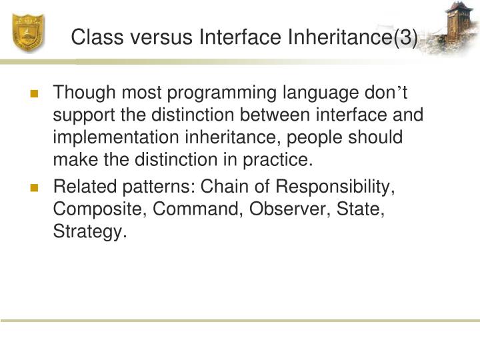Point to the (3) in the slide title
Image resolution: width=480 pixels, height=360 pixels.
405,38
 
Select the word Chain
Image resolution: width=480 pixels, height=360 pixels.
222,187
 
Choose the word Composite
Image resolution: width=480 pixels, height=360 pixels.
99,209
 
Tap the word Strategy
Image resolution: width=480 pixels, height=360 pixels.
89,231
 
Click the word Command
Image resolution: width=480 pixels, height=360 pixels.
197,209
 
